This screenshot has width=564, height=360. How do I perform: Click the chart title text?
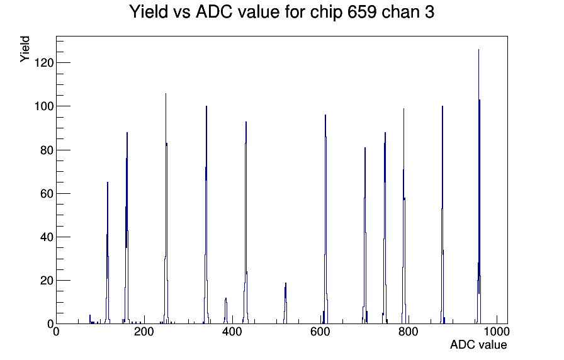click(x=281, y=12)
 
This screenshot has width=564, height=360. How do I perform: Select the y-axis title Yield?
click(x=25, y=49)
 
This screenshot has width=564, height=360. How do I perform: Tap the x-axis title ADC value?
click(x=478, y=344)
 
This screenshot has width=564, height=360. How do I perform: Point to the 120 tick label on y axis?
click(x=43, y=63)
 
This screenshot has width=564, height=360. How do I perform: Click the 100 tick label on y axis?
click(x=43, y=106)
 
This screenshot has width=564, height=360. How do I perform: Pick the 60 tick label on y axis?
click(x=47, y=193)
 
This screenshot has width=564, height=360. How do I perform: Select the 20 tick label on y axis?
click(x=47, y=281)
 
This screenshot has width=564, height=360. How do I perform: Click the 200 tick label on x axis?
click(x=144, y=331)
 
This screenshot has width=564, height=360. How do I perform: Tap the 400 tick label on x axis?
click(x=232, y=331)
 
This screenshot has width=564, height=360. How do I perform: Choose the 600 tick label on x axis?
click(x=320, y=331)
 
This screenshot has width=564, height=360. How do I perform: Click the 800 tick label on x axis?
click(x=409, y=331)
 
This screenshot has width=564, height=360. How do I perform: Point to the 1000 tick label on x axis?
click(x=497, y=331)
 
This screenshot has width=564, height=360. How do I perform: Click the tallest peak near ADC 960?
click(x=479, y=187)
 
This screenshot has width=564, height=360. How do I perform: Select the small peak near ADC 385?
click(x=225, y=311)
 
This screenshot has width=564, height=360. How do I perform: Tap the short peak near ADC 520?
click(x=285, y=303)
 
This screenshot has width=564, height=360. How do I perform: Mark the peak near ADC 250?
click(x=166, y=208)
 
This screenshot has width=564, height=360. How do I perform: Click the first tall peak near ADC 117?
click(x=108, y=253)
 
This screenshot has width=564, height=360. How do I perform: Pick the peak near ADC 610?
click(x=325, y=220)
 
